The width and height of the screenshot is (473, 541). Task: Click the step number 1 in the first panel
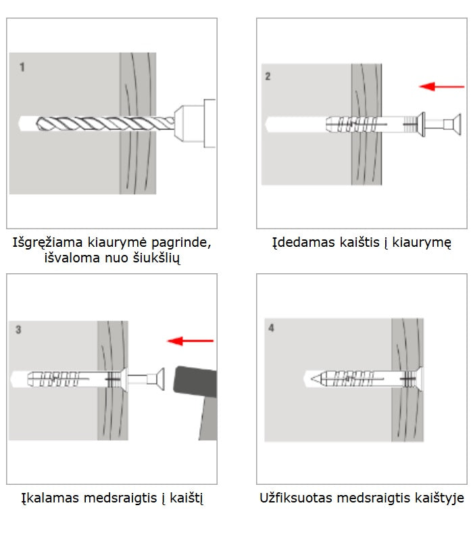pyautogui.click(x=22, y=68)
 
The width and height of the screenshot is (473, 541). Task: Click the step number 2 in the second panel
pyautogui.click(x=268, y=77)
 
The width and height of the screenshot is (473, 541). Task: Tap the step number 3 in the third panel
pyautogui.click(x=18, y=330)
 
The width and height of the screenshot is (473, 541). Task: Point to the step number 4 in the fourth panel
pyautogui.click(x=271, y=329)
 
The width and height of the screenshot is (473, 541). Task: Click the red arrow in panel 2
pyautogui.click(x=441, y=86)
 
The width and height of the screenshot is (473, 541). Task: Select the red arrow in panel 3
pyautogui.click(x=191, y=341)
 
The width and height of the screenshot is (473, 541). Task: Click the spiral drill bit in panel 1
pyautogui.click(x=95, y=124)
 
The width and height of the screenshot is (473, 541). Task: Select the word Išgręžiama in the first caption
pyautogui.click(x=46, y=242)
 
